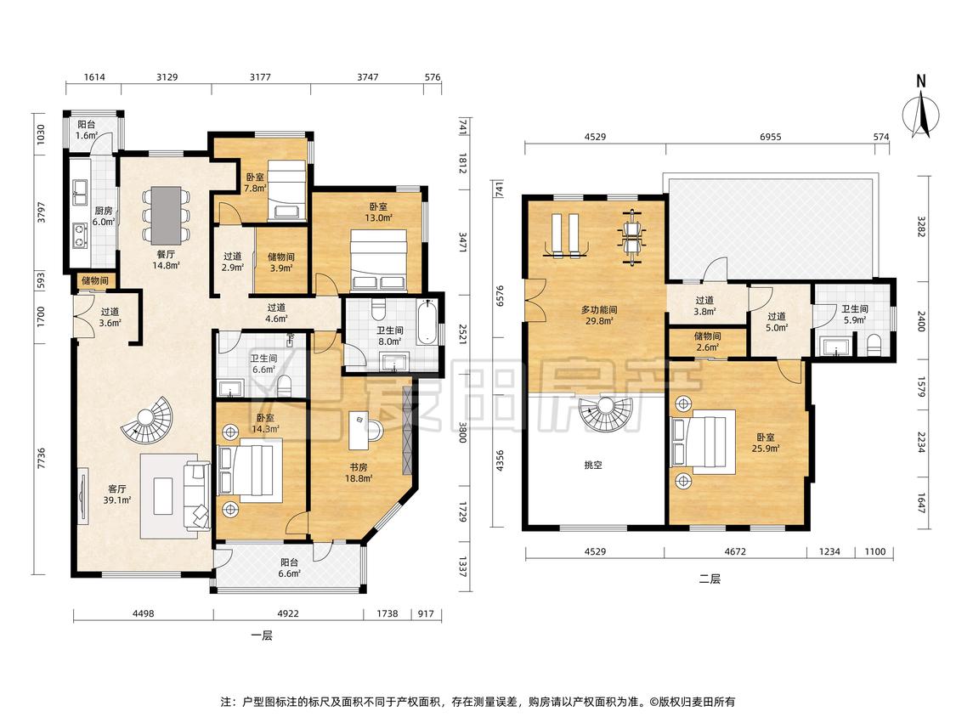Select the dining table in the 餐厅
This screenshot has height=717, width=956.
tap(166, 216)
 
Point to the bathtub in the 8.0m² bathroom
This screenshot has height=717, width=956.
tap(428, 322)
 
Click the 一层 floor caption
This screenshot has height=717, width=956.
tap(262, 635)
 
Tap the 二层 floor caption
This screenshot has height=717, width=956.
tap(710, 579)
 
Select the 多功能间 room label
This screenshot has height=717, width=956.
tap(599, 310)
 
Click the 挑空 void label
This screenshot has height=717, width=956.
tap(593, 466)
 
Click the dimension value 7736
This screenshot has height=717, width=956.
tap(41, 459)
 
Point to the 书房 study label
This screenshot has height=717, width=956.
tap(359, 467)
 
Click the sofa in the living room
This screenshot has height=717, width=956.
tap(197, 495)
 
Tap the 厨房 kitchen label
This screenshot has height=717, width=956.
tap(103, 211)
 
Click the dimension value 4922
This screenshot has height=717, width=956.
tap(288, 613)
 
